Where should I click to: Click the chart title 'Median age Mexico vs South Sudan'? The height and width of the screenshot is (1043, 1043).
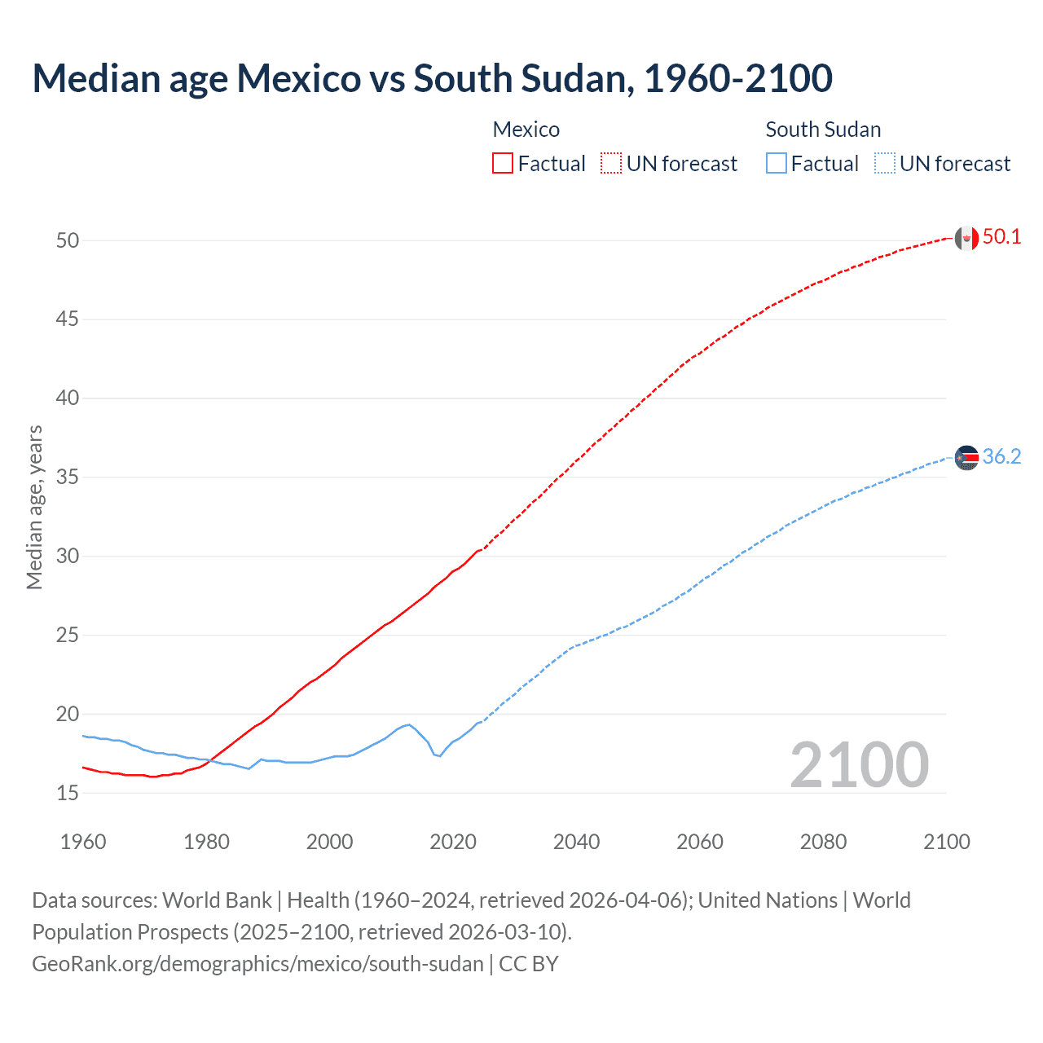(x=432, y=78)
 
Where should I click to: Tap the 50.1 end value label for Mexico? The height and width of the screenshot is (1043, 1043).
(x=1001, y=237)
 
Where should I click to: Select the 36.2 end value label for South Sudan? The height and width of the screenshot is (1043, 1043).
(x=1001, y=457)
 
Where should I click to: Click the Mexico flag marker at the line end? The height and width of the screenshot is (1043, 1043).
(x=966, y=238)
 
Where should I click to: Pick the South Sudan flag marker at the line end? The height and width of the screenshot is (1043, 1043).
(x=966, y=458)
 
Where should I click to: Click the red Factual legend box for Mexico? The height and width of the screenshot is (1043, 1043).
(x=503, y=164)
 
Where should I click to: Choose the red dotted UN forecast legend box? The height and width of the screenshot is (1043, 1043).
(x=611, y=164)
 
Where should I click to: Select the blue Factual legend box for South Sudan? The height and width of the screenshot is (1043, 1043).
(x=776, y=164)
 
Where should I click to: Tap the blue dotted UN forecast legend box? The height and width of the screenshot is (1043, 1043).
(x=884, y=164)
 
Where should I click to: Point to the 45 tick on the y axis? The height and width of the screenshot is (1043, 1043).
(x=68, y=319)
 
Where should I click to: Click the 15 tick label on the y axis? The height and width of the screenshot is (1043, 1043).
(x=68, y=793)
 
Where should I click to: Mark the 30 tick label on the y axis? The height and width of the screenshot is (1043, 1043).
(x=68, y=557)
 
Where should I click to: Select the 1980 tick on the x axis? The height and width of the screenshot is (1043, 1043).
(x=206, y=842)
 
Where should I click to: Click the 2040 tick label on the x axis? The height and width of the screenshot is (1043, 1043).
(x=576, y=842)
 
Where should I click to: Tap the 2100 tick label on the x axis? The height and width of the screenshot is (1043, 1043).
(x=946, y=842)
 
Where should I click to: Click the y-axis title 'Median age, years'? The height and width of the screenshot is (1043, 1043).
(x=34, y=507)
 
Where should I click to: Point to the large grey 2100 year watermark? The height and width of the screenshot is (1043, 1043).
(x=859, y=765)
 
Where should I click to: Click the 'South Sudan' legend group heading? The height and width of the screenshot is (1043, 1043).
(x=823, y=130)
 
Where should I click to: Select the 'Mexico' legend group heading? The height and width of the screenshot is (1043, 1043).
(x=526, y=130)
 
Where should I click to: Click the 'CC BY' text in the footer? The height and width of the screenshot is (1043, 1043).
(x=529, y=964)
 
